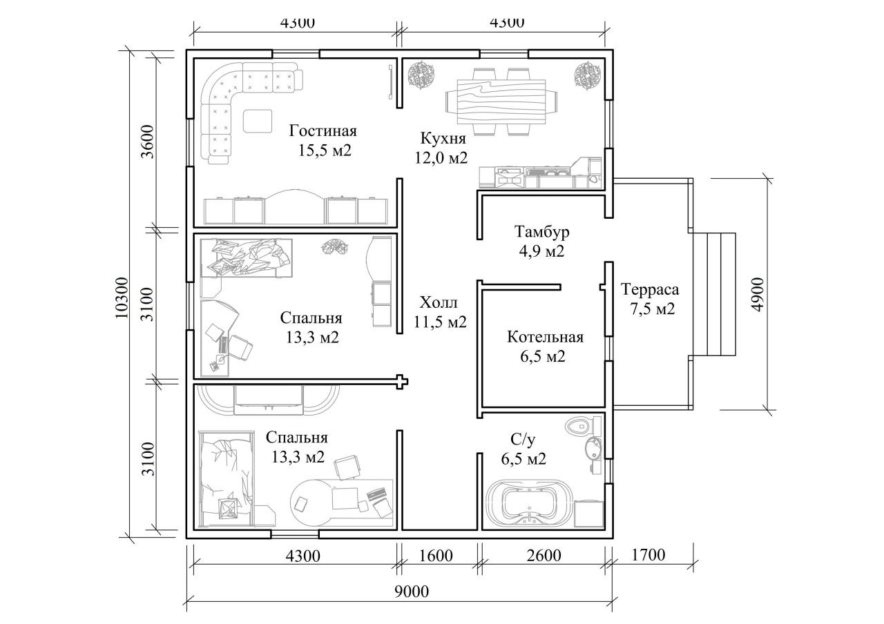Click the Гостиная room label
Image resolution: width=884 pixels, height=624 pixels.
point(323,130)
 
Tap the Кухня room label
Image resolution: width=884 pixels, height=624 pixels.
point(443,138)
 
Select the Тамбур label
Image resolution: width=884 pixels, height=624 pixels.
point(542,231)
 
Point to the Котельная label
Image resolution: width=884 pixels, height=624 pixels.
point(545,338)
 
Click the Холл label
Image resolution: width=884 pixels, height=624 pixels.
point(439,303)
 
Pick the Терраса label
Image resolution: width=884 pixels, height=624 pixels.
point(650,290)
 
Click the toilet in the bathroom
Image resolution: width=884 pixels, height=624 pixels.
point(583,426)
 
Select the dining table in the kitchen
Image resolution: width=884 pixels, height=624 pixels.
point(501,101)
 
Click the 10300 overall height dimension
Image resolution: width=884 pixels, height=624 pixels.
point(123,298)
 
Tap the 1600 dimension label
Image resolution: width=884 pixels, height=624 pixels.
point(435,556)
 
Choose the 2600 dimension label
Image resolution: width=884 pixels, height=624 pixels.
point(544,556)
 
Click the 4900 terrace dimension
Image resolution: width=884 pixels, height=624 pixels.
point(758,295)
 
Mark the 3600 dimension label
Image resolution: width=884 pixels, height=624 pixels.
point(148,142)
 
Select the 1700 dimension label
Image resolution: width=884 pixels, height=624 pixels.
point(648,555)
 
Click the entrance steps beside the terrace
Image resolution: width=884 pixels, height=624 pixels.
point(714,294)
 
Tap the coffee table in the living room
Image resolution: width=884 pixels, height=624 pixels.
point(258,121)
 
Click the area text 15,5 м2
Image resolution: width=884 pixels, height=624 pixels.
point(325,150)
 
